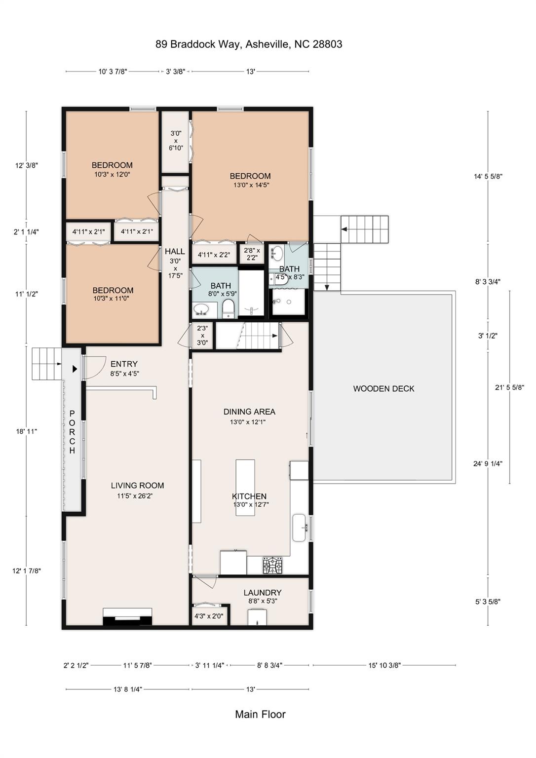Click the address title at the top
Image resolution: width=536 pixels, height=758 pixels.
249,44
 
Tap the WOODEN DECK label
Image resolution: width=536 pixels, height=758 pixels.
383,389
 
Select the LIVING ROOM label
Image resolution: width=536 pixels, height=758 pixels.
137,486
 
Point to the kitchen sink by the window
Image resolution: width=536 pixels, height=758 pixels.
300,528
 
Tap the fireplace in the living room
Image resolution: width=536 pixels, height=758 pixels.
127,618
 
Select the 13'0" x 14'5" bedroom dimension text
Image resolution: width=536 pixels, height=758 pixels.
250,185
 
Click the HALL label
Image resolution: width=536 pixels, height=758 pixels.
175,251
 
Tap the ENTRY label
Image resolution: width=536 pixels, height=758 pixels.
124,364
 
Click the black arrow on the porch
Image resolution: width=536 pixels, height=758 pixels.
75,369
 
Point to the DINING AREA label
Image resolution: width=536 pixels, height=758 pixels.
249,412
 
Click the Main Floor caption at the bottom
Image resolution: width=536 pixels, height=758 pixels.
261,715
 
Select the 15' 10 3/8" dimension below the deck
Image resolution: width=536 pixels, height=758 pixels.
385,665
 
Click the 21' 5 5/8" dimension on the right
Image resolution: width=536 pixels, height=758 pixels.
510,387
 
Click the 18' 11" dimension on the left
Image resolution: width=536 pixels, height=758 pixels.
26,431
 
